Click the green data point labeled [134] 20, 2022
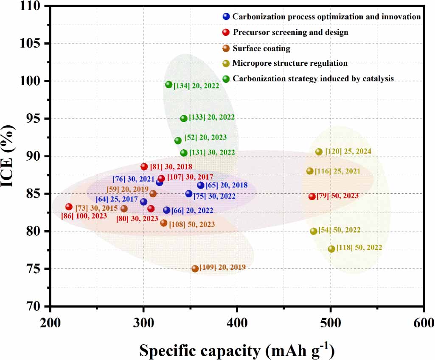coord(168,85)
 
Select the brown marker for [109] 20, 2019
coord(195,269)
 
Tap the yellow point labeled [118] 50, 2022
coord(331,249)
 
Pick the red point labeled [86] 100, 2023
coord(69,207)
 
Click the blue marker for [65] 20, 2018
coord(201,185)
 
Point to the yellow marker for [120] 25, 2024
coord(319,152)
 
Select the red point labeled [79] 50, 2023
coord(312,196)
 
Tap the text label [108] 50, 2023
coord(192,224)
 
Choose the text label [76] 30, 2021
coord(134,179)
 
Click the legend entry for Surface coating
coord(261,48)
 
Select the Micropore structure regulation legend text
coord(290,63)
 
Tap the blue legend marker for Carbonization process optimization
coord(226,17)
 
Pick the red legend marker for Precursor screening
coord(226,32)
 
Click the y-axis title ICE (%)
coord(11,155)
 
